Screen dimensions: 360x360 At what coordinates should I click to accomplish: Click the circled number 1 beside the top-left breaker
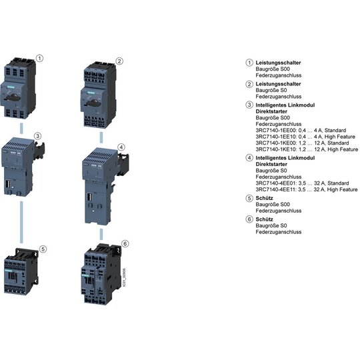click(x=40, y=58)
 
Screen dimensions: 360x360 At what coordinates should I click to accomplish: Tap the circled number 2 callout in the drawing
click(x=119, y=61)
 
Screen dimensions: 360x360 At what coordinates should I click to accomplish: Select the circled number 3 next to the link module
click(x=37, y=136)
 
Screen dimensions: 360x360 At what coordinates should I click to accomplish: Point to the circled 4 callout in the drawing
click(x=121, y=147)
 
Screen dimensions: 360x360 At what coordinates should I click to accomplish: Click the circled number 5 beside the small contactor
click(x=43, y=249)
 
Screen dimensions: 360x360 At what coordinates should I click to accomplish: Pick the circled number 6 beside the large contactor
click(x=125, y=243)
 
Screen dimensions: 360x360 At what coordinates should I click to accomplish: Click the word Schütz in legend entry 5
click(x=264, y=198)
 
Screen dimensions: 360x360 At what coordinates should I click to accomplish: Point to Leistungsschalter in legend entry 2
click(x=278, y=84)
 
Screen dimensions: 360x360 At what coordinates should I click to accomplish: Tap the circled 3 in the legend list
click(x=249, y=105)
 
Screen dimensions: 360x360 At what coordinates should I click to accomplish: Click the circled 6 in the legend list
click(x=249, y=219)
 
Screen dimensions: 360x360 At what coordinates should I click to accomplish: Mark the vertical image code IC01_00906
click(x=125, y=277)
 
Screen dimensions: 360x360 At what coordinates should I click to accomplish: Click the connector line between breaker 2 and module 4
click(x=101, y=137)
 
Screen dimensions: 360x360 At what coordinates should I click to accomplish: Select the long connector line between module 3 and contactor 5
click(x=21, y=222)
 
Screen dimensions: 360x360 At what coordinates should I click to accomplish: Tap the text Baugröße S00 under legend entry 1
click(x=273, y=69)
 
